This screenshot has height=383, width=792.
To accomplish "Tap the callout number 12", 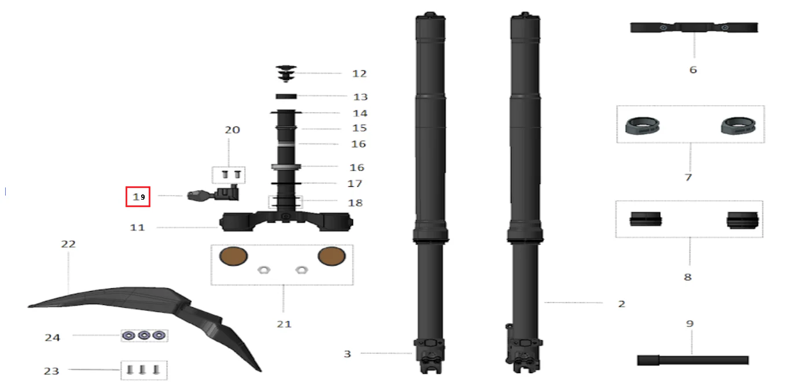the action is [359, 73].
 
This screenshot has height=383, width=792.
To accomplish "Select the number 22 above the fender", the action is [68, 244].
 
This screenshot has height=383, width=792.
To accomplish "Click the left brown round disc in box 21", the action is [233, 256].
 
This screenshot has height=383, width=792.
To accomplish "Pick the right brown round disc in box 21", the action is [331, 256].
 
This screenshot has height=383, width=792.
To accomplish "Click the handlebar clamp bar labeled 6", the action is [694, 27].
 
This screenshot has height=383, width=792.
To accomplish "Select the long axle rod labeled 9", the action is [693, 360].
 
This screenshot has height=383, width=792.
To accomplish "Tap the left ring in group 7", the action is [642, 126].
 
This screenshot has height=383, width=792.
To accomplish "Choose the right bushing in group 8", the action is [742, 220].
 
